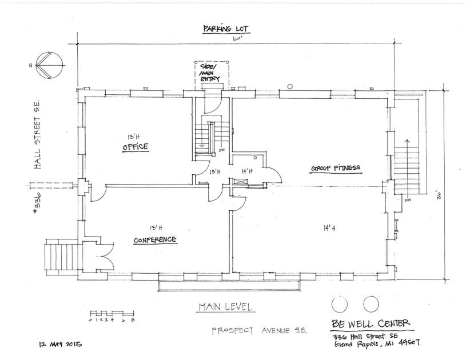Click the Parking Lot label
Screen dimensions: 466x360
point(226,29)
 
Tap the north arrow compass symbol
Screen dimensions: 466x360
point(49,65)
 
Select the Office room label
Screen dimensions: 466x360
point(136,146)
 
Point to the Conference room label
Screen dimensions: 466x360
point(155,239)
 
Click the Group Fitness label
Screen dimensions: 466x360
point(336,168)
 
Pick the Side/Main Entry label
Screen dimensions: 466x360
point(209,73)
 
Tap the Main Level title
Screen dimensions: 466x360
point(226,306)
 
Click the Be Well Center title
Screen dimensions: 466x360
point(371,323)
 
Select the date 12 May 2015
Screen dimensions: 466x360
point(61,344)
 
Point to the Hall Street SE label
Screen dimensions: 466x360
point(37,134)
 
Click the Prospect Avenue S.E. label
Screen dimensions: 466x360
point(259,331)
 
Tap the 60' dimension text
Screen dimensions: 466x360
point(237,39)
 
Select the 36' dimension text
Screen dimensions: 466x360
point(440,197)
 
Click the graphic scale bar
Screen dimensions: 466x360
point(112,313)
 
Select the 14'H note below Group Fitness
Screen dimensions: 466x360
point(329,228)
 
